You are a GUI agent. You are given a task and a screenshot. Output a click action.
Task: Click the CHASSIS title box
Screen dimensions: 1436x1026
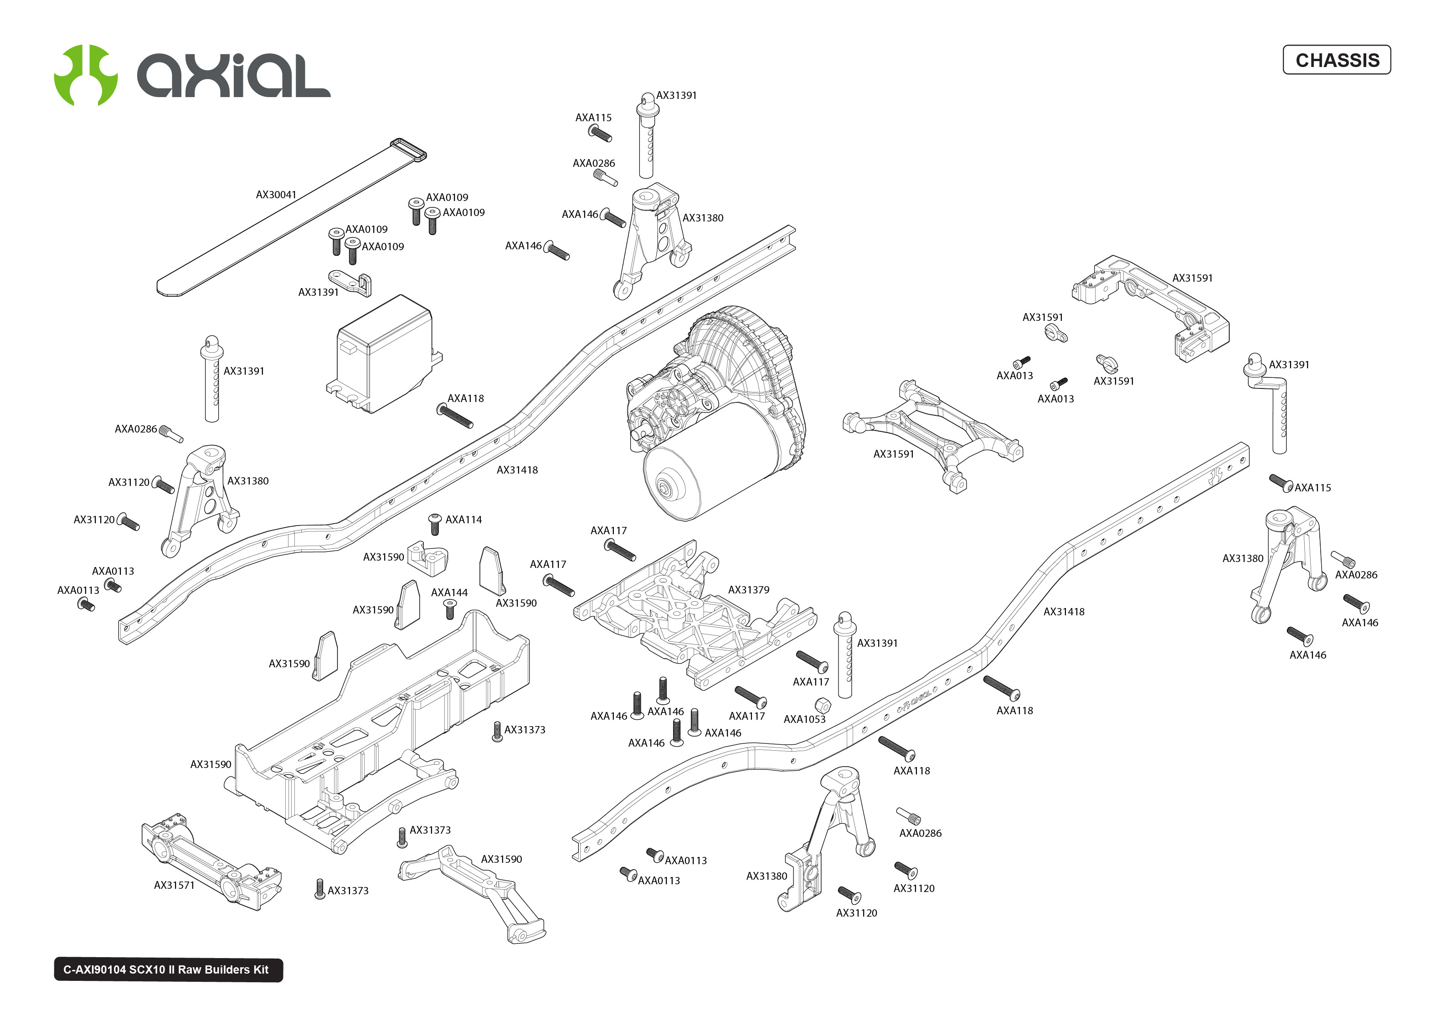1336,60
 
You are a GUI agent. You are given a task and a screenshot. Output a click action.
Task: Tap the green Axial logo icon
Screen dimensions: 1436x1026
86,75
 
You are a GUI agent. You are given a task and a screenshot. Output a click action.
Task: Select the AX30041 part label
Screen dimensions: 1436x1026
276,195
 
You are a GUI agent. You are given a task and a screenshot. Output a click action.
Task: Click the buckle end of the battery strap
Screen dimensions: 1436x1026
409,150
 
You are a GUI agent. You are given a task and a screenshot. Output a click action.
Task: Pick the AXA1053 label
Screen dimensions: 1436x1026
804,719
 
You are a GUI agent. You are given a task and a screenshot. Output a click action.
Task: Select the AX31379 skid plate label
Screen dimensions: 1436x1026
748,589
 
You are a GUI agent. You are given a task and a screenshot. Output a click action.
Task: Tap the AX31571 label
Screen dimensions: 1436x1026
174,885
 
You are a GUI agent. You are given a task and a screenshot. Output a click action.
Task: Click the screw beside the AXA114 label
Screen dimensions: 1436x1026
434,524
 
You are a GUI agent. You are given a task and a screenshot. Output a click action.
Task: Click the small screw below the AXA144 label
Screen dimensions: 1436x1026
450,610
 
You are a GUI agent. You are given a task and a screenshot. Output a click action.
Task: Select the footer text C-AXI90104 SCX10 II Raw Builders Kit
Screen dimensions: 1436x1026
166,970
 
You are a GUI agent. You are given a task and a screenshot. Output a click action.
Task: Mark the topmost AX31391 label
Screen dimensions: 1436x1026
676,95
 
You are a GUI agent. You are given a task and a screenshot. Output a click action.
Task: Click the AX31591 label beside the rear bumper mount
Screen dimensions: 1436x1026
1192,278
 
